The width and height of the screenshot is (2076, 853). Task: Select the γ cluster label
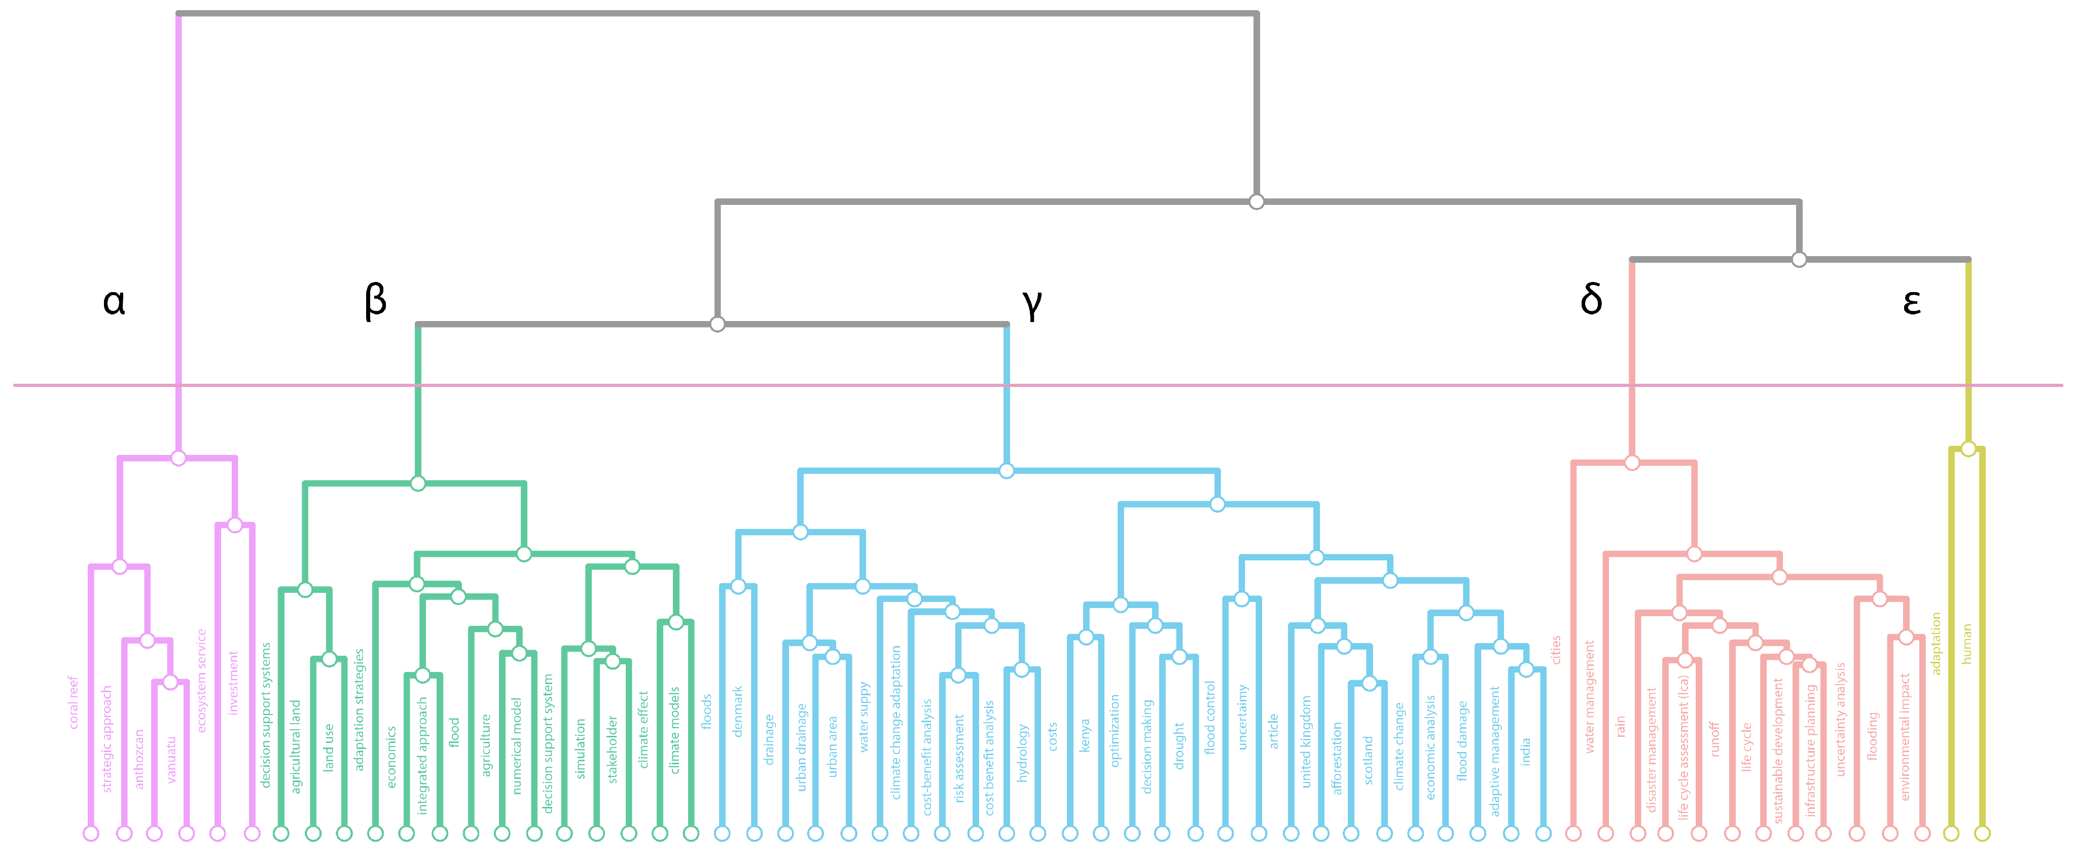1031,302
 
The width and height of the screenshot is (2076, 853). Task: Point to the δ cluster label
1591,299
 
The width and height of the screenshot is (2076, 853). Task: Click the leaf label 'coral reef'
74,702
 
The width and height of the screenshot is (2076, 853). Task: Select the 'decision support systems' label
266,715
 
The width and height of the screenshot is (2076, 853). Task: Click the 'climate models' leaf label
674,730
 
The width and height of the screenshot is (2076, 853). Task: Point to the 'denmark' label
737,710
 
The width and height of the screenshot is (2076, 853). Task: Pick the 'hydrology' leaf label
1022,752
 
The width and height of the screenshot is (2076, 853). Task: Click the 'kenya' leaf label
1085,735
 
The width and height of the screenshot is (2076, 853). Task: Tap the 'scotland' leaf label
1368,760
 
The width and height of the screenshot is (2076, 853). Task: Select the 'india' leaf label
1525,752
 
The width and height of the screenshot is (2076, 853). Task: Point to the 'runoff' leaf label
1714,738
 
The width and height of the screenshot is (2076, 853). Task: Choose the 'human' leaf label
1966,644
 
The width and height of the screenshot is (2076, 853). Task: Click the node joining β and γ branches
717,324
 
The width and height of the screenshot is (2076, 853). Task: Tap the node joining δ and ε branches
1799,260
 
